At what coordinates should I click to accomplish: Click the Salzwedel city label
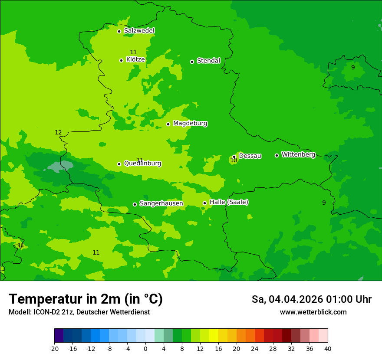139,31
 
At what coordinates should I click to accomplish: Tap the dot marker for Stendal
192,62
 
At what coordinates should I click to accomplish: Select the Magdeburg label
190,124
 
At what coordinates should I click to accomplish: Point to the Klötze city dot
121,60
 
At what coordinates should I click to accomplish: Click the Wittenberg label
298,155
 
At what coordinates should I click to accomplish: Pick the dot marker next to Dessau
234,157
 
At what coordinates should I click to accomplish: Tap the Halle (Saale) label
229,203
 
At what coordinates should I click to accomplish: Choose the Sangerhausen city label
161,203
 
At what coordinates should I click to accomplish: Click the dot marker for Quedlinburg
119,164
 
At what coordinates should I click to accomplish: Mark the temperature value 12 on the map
58,133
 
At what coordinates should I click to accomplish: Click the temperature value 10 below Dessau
234,160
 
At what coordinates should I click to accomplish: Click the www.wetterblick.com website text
313,312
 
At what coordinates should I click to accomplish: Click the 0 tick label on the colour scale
145,349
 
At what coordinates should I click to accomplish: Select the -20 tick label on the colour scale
54,349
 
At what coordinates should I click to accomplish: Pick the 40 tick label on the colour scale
328,349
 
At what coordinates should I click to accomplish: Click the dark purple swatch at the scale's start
59,336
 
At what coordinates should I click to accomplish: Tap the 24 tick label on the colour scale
255,349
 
